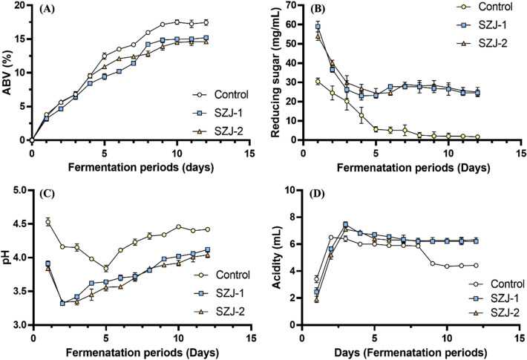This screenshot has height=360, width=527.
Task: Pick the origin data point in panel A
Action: click(32, 140)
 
